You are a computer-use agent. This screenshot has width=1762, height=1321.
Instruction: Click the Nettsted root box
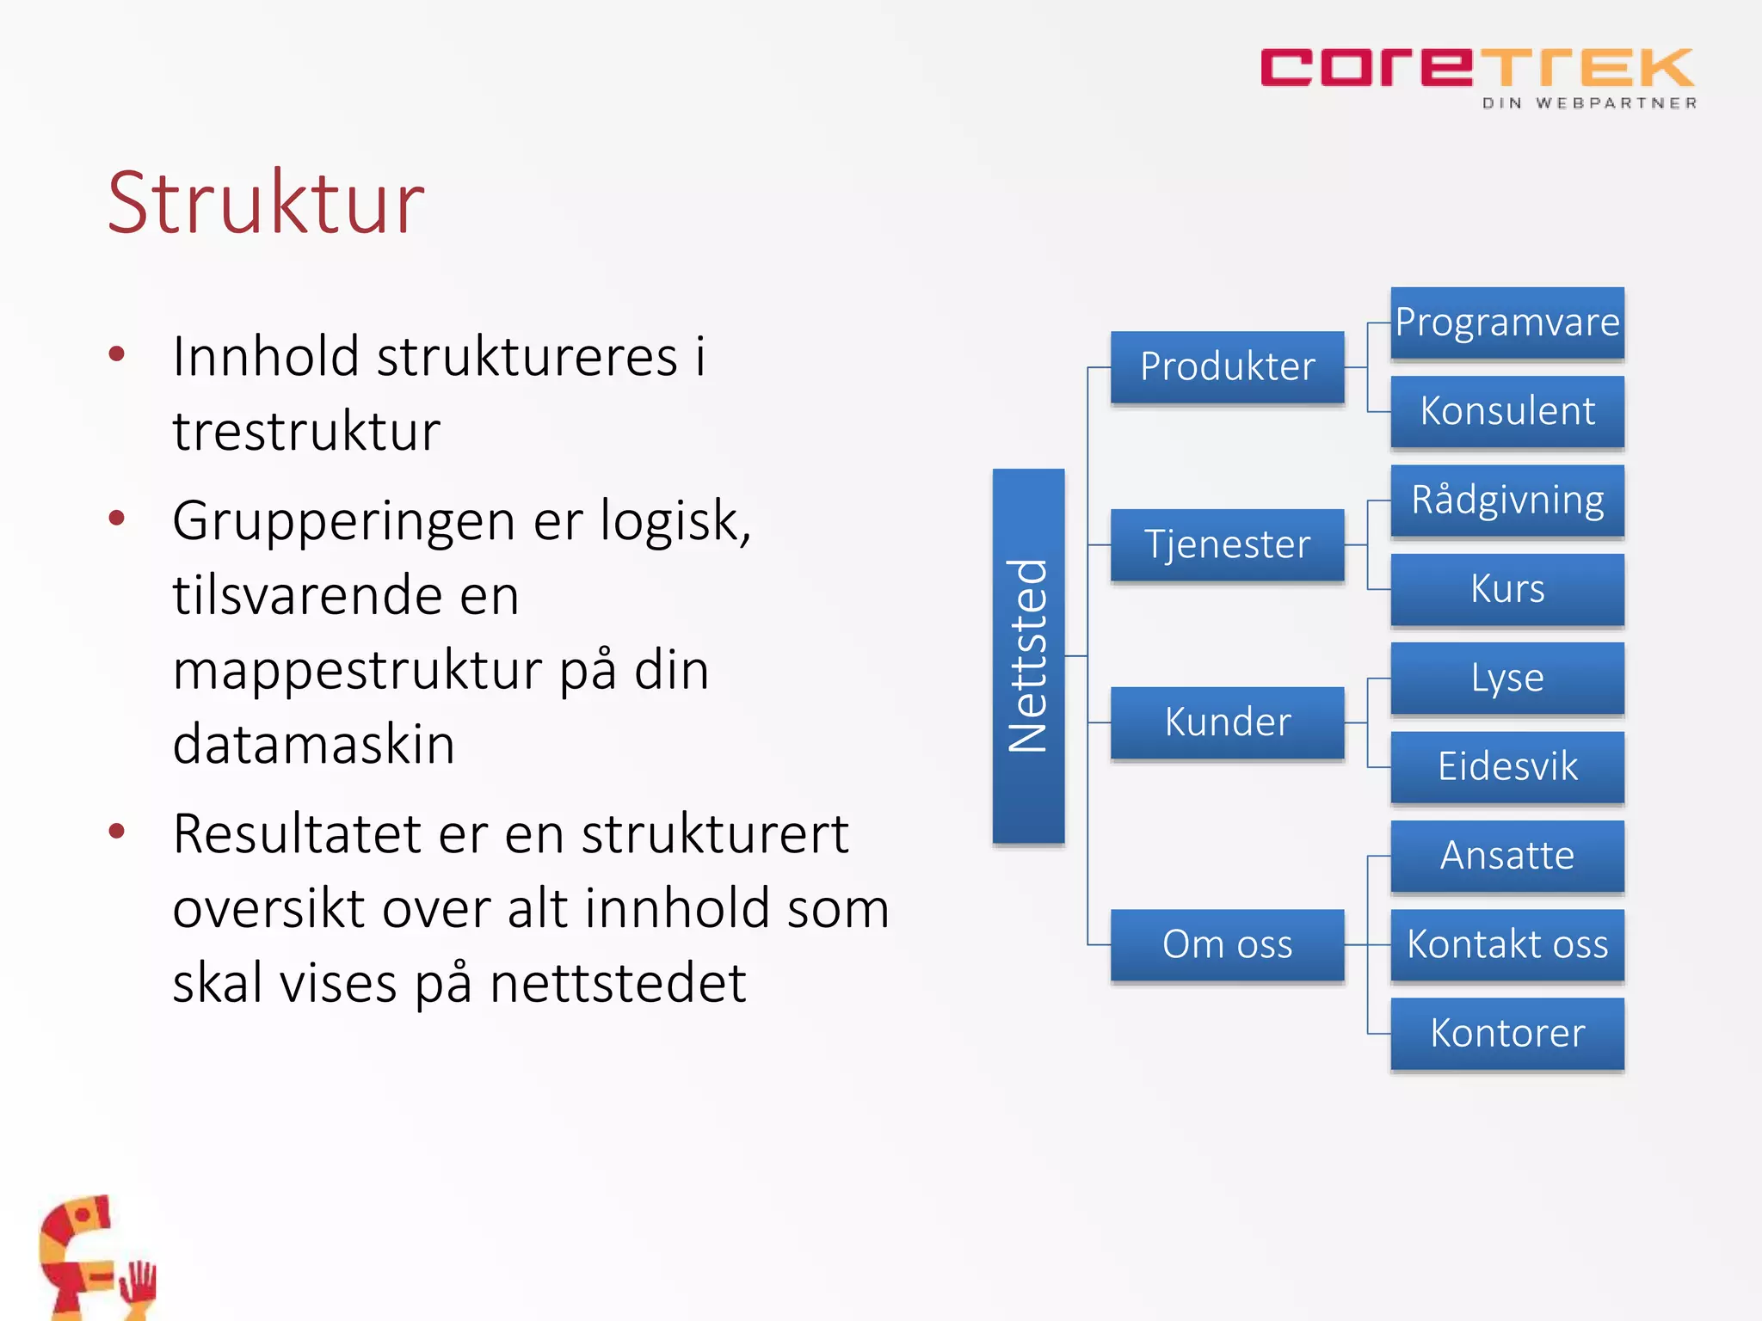(1028, 655)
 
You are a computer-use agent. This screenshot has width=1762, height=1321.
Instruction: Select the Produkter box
(1227, 367)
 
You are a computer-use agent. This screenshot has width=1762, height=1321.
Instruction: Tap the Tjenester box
(1227, 545)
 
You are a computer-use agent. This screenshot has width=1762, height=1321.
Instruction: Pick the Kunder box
(1227, 722)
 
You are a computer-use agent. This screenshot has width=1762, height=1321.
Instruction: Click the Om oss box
(1227, 944)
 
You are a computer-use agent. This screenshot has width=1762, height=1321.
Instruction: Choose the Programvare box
(1507, 323)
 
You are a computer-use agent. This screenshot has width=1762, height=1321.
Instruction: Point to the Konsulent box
(1507, 411)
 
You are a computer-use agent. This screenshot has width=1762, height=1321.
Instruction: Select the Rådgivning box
(1507, 501)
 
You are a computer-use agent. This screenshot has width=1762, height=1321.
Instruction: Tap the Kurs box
(1507, 589)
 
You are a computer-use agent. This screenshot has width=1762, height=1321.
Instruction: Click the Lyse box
(1507, 678)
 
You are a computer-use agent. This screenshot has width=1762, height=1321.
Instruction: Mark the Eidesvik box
(1507, 767)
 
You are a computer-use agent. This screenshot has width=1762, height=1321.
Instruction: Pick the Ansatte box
(1507, 856)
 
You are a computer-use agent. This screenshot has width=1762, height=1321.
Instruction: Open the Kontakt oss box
(1507, 944)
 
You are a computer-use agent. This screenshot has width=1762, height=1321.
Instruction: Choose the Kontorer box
(1507, 1033)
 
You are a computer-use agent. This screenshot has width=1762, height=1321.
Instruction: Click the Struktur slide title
(266, 203)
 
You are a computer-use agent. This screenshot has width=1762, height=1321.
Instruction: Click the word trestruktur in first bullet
(306, 431)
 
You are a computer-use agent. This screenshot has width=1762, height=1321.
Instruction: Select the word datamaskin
(313, 744)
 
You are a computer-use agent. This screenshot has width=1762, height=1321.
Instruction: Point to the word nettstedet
(617, 983)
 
